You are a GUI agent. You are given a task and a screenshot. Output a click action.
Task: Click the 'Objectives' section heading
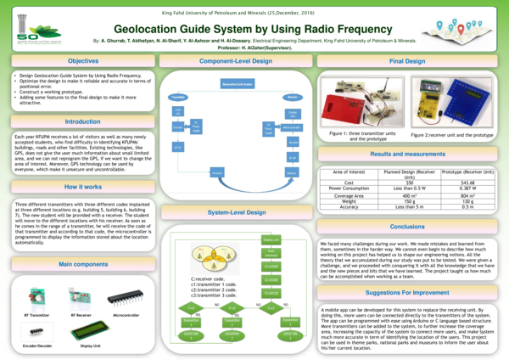pyautogui.click(x=82, y=62)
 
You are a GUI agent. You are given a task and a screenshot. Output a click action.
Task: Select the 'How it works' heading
pyautogui.click(x=82, y=186)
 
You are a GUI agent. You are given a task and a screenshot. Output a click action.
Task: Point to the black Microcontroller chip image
pyautogui.click(x=126, y=297)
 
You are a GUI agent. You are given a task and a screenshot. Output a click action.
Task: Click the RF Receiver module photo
pyautogui.click(x=82, y=297)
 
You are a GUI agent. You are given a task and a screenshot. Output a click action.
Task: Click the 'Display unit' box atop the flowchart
pyautogui.click(x=271, y=239)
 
